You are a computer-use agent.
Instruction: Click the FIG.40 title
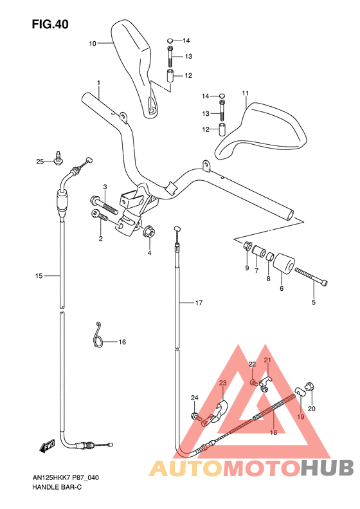tap(50, 24)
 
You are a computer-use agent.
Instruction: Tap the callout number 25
tap(40, 162)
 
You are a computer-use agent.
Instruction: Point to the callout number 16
tap(122, 342)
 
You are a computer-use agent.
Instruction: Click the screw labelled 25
tap(59, 158)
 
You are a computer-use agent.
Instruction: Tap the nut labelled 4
tap(149, 232)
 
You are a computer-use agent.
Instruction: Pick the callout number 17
tap(199, 302)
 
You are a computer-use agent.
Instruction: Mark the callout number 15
tap(39, 276)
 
